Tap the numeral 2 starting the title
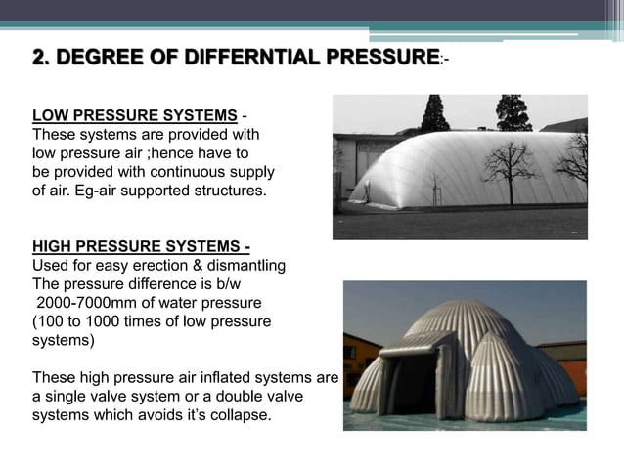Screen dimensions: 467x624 (39, 59)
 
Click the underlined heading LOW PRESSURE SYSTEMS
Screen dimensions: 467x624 (135, 115)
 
